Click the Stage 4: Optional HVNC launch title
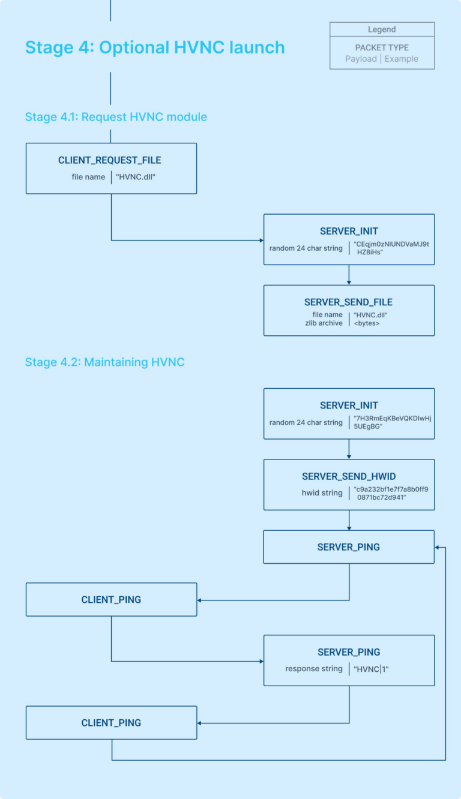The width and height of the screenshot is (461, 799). [x=155, y=47]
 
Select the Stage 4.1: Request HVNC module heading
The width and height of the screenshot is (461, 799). [x=116, y=116]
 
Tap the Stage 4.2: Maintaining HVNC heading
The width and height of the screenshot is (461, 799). [x=104, y=362]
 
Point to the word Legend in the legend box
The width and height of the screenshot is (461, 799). [x=382, y=29]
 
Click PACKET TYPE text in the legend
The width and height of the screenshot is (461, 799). [x=382, y=47]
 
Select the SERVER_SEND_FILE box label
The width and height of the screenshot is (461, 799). [x=348, y=302]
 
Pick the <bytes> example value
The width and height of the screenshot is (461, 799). [x=367, y=323]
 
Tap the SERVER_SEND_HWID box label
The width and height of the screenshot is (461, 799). [x=348, y=476]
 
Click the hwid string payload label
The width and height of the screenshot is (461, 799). [x=323, y=492]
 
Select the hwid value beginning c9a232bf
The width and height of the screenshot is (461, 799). [x=391, y=493]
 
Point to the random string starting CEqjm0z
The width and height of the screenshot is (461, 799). [x=391, y=248]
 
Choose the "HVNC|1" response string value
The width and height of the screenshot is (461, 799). [x=372, y=669]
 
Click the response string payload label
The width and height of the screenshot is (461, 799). [x=314, y=669]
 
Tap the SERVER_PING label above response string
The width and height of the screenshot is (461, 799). [x=348, y=652]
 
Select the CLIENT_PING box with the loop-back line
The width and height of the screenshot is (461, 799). [x=111, y=723]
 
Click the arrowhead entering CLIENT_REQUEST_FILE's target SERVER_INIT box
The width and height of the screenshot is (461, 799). [x=261, y=241]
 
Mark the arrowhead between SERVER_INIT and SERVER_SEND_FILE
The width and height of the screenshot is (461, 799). [x=349, y=282]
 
